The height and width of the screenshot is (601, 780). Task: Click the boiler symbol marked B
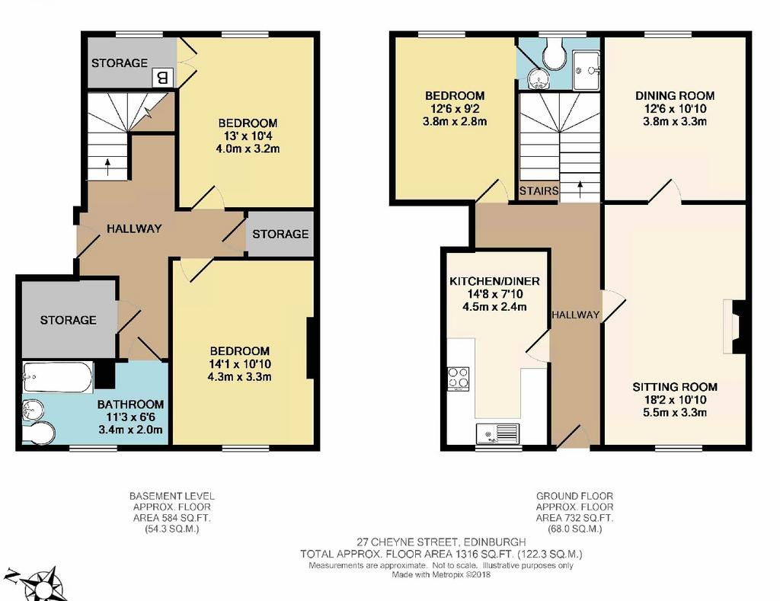(x=163, y=78)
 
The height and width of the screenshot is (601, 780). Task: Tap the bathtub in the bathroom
(x=58, y=376)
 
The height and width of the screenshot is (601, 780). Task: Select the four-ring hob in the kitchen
(x=458, y=379)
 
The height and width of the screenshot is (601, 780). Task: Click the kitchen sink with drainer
(x=497, y=433)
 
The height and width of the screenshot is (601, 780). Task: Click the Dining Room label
(x=675, y=95)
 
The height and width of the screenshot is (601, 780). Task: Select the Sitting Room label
(x=675, y=386)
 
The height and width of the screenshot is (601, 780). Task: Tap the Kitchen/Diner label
(x=494, y=281)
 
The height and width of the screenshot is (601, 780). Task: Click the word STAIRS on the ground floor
(x=539, y=190)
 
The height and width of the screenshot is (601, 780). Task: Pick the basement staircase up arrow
(x=108, y=167)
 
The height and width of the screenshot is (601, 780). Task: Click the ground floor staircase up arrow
(x=580, y=190)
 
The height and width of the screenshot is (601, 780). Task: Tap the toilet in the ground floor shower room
(x=555, y=54)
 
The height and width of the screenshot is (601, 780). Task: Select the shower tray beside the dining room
(x=587, y=70)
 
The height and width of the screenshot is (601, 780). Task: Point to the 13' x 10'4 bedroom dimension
(x=248, y=136)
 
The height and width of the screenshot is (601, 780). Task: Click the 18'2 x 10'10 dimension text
(x=675, y=399)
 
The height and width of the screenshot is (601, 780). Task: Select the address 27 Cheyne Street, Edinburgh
(x=441, y=542)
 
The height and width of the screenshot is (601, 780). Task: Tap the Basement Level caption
(x=171, y=496)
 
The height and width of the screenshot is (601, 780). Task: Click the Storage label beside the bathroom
(x=68, y=320)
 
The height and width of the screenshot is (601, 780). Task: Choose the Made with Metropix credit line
(x=441, y=574)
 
